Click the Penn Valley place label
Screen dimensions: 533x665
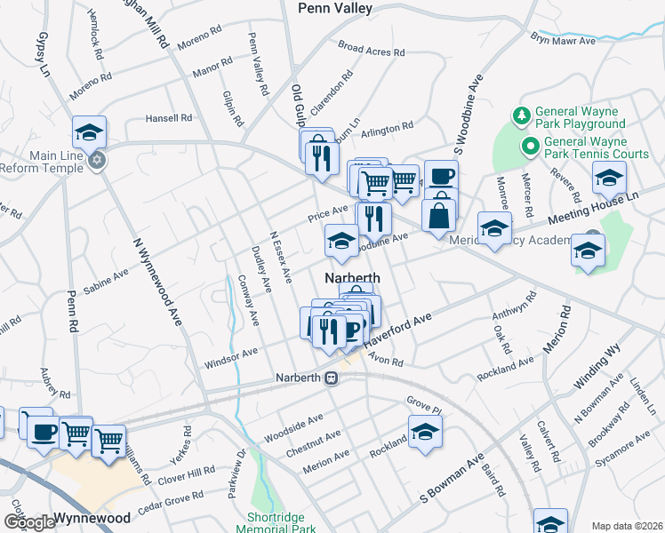pos(335,8)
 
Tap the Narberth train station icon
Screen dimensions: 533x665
pos(332,378)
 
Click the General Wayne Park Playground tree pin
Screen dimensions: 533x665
pos(520,116)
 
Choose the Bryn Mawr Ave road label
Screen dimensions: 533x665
pos(563,41)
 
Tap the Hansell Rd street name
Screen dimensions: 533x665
pos(169,117)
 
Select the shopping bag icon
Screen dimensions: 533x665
pos(439,216)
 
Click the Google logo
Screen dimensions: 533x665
pos(29,522)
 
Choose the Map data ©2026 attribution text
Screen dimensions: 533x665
pos(627,526)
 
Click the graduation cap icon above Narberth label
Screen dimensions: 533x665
pos(342,240)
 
